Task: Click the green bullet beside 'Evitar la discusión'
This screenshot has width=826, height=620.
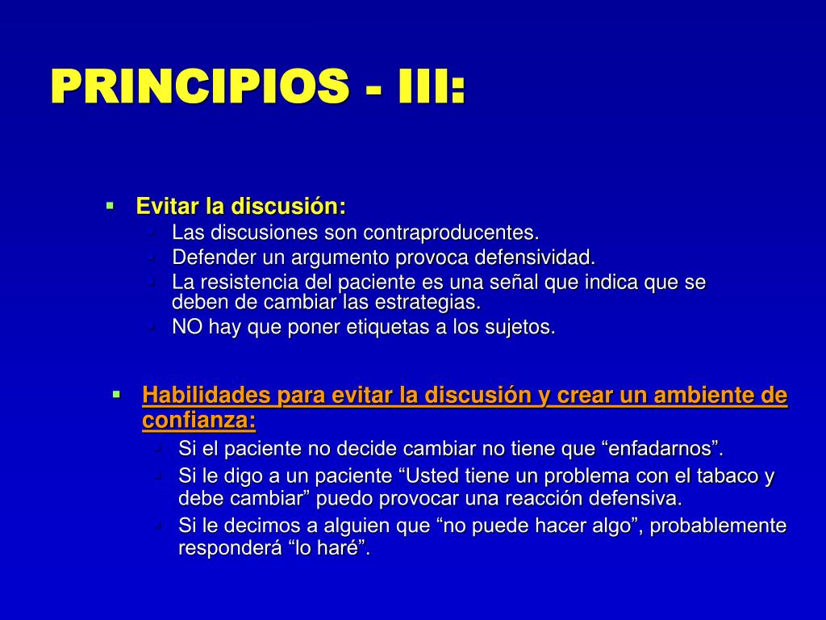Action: pyautogui.click(x=110, y=205)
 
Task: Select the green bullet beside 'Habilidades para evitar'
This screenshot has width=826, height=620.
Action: pyautogui.click(x=116, y=394)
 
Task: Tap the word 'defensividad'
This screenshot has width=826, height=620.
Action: pyautogui.click(x=536, y=258)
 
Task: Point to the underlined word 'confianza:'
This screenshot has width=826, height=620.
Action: pyautogui.click(x=199, y=420)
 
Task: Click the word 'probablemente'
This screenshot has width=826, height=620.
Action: pyautogui.click(x=718, y=526)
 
